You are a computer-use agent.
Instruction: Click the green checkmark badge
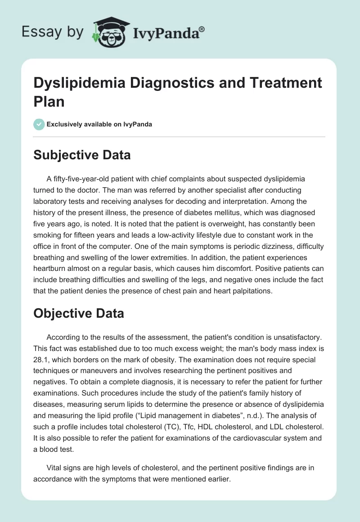point(39,124)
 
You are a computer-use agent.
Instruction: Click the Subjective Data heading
point(82,155)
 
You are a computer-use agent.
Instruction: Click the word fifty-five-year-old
point(84,180)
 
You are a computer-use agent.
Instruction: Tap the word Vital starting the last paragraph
point(55,468)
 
